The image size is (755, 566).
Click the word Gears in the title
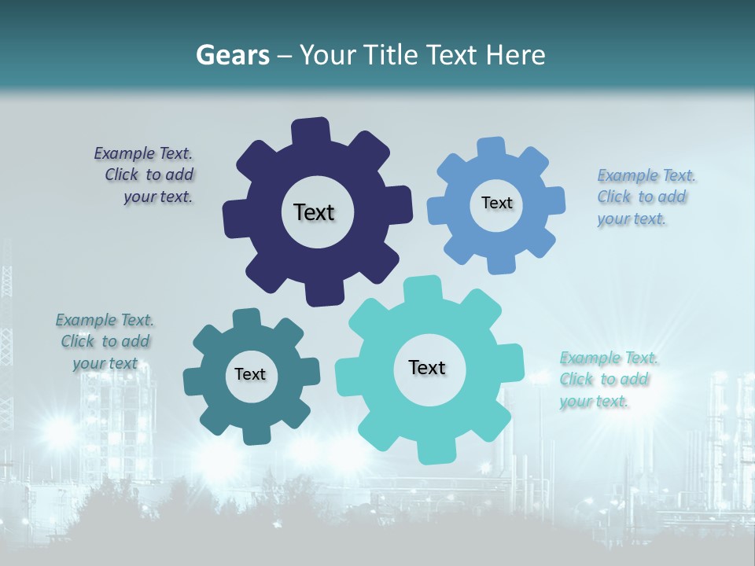coord(231,55)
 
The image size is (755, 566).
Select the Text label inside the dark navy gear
coord(314,212)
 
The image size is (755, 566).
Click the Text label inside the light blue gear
coord(496,203)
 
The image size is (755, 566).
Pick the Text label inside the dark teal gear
coord(249,374)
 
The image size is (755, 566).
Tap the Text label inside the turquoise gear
coord(427,367)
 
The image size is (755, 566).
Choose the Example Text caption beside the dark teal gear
coord(105,341)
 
